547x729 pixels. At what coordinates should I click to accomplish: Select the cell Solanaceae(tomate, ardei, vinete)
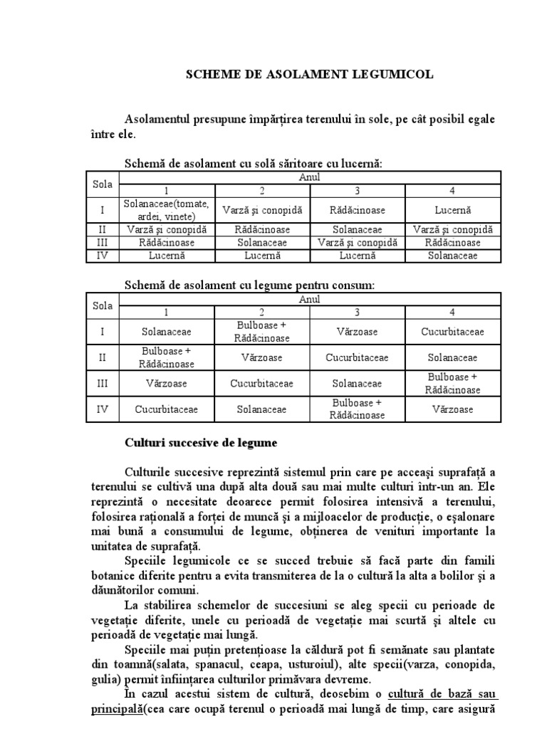(166, 210)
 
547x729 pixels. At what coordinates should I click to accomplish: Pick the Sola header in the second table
(103, 306)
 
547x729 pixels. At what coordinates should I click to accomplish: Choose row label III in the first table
(103, 242)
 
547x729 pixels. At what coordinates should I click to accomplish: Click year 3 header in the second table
(358, 313)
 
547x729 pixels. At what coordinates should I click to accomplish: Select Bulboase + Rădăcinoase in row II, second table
(166, 357)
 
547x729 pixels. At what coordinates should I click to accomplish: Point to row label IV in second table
(103, 409)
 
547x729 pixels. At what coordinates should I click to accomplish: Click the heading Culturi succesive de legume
(201, 443)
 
